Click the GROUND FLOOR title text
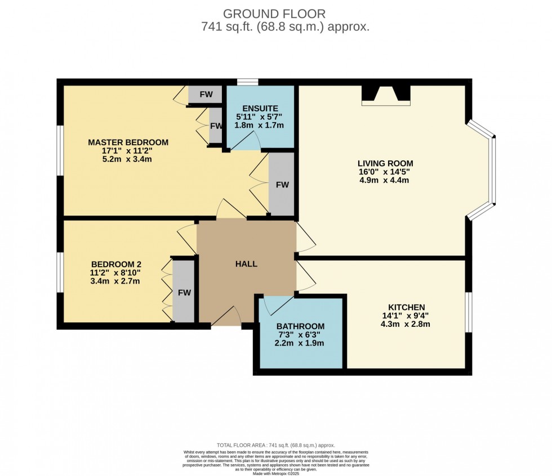coord(274,13)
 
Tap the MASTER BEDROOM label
coord(128,142)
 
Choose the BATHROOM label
coord(300,326)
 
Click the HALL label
coord(246,263)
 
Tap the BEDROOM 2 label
coord(116,264)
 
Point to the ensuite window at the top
coord(247,83)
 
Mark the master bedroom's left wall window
coord(60,150)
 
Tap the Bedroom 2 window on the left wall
coord(60,272)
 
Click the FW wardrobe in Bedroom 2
coord(184,292)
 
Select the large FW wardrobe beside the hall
coord(282,184)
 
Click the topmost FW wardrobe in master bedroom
coord(206,95)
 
